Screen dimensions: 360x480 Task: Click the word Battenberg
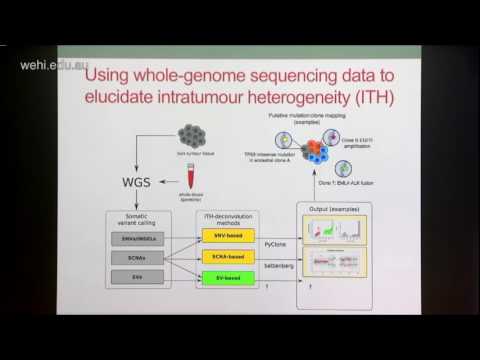279,269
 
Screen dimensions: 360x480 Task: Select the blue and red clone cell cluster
320,151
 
